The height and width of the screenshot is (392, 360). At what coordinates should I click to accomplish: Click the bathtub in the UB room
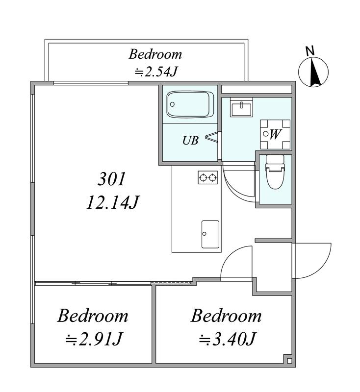point(190,104)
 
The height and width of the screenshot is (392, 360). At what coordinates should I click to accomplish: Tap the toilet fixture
point(275,171)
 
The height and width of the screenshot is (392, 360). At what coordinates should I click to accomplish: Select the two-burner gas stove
point(208,177)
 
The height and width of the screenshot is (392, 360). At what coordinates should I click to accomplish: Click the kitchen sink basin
point(210,234)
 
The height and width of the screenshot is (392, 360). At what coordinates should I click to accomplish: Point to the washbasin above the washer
point(241,107)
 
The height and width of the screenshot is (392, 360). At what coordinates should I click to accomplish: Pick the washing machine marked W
point(275,134)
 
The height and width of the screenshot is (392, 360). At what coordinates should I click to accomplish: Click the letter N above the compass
point(310,51)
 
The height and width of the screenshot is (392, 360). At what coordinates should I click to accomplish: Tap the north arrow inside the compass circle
point(314,72)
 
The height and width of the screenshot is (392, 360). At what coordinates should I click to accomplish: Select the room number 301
point(111,179)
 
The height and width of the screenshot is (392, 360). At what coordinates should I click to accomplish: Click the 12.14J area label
point(113,202)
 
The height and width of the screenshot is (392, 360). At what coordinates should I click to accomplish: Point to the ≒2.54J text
point(156,72)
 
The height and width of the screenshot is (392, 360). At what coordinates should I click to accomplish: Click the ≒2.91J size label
point(94,339)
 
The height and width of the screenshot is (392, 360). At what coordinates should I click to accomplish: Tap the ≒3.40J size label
point(227,339)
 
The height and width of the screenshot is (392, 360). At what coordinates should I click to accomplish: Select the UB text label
point(190,141)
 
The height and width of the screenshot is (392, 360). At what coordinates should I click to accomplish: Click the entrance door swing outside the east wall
point(312,261)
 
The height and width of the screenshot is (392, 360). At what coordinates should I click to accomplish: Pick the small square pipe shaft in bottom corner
point(289,361)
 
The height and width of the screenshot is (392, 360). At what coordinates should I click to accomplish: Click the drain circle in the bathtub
point(172,104)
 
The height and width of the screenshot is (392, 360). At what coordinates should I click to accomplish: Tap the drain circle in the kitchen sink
point(205,234)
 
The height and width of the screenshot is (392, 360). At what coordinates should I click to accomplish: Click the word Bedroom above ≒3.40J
point(227,316)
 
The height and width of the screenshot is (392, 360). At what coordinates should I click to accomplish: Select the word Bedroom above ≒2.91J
point(93,316)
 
